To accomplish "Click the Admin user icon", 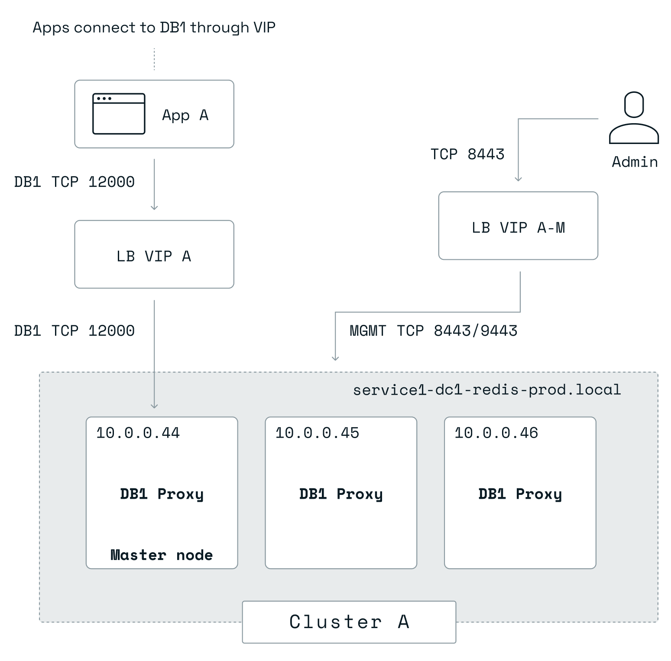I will [x=634, y=118].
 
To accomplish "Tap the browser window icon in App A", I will [x=119, y=114].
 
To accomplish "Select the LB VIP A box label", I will [x=154, y=256].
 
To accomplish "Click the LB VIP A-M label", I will [x=518, y=228].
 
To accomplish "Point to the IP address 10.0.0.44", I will [x=138, y=433].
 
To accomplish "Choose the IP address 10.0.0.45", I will [x=317, y=433].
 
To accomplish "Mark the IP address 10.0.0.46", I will [x=496, y=433].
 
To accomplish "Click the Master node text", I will [x=162, y=555].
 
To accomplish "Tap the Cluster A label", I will [x=349, y=622].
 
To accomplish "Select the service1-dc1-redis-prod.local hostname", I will [x=487, y=390].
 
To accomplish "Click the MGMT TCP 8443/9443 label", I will [x=433, y=331].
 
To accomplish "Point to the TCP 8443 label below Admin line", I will [x=467, y=154].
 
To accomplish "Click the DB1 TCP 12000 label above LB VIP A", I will [x=75, y=182].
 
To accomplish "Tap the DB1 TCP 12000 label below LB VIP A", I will [x=75, y=331].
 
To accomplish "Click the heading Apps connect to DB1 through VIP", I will [x=154, y=28].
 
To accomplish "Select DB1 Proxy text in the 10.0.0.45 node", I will [x=341, y=494].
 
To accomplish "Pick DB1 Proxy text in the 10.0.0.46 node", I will [x=520, y=494].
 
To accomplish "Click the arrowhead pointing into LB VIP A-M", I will [x=518, y=179].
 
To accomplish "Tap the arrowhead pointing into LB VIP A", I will [x=154, y=207].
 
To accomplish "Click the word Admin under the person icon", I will [x=635, y=162].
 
